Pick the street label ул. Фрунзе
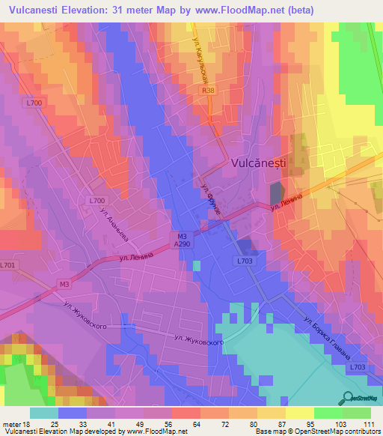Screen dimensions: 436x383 (x=213, y=196)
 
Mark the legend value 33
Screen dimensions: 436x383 (x=88, y=423)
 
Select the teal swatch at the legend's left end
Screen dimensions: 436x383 (x=43, y=413)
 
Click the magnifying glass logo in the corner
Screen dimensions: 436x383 (x=348, y=397)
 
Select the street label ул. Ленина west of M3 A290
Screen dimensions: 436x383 (x=135, y=257)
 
